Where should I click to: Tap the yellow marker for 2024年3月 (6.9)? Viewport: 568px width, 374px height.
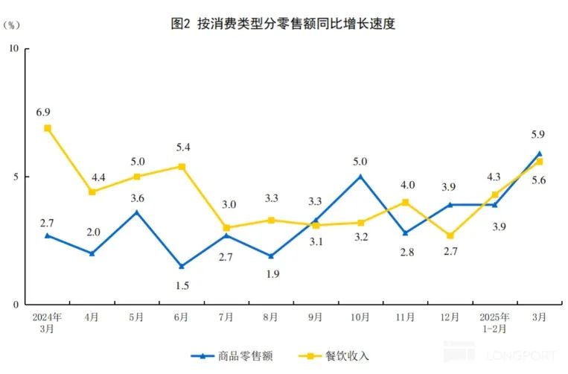[x=48, y=128]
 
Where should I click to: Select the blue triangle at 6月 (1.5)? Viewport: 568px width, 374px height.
[x=182, y=266]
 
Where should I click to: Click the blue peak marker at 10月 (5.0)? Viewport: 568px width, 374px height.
[x=360, y=177]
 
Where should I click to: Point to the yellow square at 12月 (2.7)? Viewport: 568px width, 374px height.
[x=450, y=235]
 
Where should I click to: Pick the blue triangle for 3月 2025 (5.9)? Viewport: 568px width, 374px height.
[x=539, y=153]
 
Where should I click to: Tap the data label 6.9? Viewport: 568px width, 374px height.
[x=43, y=112]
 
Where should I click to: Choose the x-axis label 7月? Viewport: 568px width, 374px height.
[x=226, y=317]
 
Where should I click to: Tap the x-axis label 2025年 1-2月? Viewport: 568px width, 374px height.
[x=494, y=322]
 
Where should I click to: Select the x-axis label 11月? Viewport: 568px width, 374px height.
[x=405, y=317]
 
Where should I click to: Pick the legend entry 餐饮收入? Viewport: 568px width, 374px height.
[x=345, y=356]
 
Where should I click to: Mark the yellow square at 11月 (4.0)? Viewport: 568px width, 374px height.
[x=405, y=202]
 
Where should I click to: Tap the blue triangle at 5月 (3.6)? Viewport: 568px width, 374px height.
[x=137, y=212]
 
